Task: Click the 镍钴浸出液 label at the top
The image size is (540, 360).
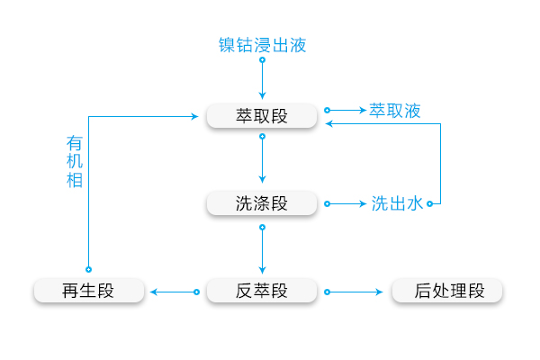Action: pyautogui.click(x=263, y=44)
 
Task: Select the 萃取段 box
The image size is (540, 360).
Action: pyautogui.click(x=262, y=116)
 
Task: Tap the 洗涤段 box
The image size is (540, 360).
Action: pyautogui.click(x=262, y=203)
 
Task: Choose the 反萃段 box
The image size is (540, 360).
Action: pyautogui.click(x=262, y=292)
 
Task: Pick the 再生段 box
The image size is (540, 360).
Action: pyautogui.click(x=88, y=292)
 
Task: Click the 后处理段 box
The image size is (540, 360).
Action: pyautogui.click(x=448, y=292)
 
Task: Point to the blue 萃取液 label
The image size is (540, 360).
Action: pyautogui.click(x=395, y=111)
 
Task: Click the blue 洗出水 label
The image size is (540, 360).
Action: pyautogui.click(x=396, y=204)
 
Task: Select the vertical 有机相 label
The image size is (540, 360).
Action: pyautogui.click(x=75, y=161)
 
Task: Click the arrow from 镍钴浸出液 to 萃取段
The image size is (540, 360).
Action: pyautogui.click(x=262, y=79)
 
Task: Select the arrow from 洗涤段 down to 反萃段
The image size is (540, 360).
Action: pyautogui.click(x=262, y=249)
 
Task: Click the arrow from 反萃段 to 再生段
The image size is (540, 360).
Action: pyautogui.click(x=174, y=292)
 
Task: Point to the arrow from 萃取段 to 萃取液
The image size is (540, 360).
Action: pyautogui.click(x=346, y=111)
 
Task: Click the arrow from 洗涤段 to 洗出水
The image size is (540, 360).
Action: pyautogui.click(x=346, y=204)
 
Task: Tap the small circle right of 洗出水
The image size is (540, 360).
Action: pyautogui.click(x=429, y=204)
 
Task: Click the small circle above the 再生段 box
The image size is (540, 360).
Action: pyautogui.click(x=88, y=269)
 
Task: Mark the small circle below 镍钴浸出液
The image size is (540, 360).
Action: pyautogui.click(x=262, y=60)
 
